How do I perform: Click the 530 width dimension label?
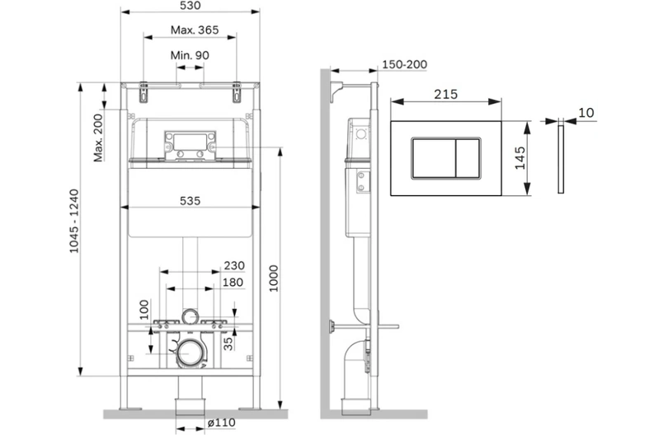click(x=190, y=6)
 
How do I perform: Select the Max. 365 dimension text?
click(x=195, y=30)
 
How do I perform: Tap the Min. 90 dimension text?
click(x=190, y=55)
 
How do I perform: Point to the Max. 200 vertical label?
click(x=98, y=138)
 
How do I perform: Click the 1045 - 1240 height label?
click(x=74, y=222)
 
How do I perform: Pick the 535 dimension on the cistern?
click(x=190, y=200)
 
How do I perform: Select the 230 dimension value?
click(x=234, y=265)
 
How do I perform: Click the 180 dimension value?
click(x=233, y=283)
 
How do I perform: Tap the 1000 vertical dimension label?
click(x=274, y=278)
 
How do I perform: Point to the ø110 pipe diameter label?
click(x=222, y=423)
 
